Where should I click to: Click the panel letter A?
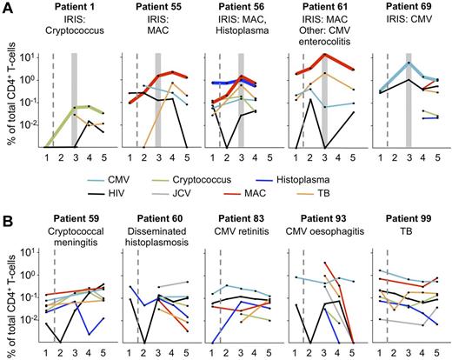point(7,7)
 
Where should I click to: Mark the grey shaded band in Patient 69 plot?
point(408,96)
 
